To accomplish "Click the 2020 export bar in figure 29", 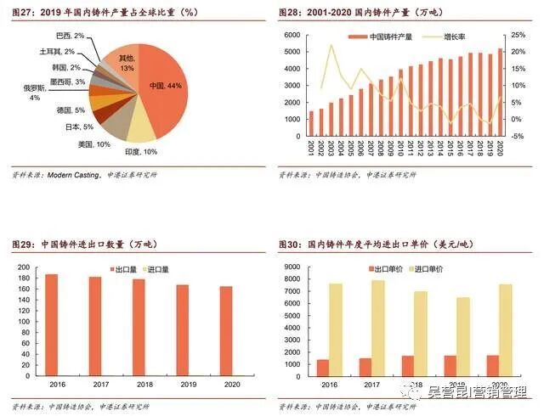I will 227,331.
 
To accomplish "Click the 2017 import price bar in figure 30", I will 377,328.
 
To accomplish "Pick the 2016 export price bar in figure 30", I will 322,368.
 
